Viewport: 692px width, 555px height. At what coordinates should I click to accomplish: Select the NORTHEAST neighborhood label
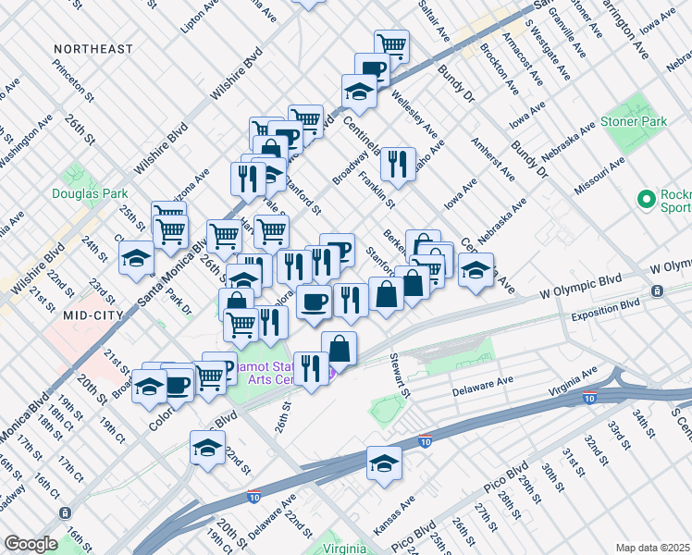[x=93, y=48]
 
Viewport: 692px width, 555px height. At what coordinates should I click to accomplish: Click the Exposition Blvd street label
[x=606, y=303]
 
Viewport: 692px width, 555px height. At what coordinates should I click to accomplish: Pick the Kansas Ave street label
[x=392, y=519]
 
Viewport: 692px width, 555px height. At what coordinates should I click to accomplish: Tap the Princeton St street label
[x=74, y=82]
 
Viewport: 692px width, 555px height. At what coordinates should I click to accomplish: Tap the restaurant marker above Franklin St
[x=399, y=164]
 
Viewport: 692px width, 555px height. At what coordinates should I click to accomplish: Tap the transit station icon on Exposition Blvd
[x=656, y=291]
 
